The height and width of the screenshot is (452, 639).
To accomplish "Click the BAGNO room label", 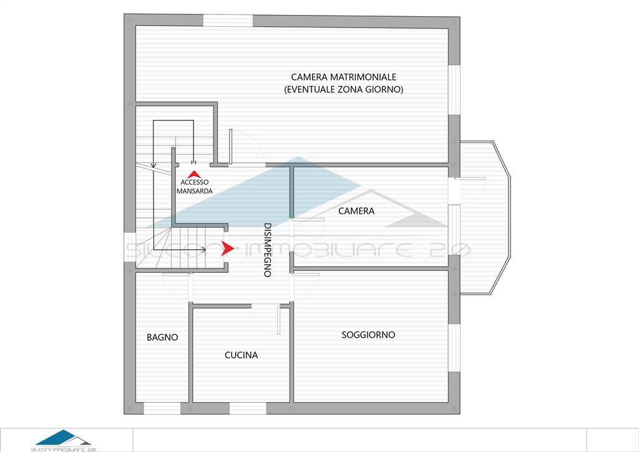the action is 162,338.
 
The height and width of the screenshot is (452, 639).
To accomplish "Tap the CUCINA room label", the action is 241,355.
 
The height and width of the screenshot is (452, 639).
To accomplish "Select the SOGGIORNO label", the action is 368,335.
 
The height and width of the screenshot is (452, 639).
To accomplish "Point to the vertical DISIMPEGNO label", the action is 267,250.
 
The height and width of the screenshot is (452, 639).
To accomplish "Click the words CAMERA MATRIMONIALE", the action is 344,77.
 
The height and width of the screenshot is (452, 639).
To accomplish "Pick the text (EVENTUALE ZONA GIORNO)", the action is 344,89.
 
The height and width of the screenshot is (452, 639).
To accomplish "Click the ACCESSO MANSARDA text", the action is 195,187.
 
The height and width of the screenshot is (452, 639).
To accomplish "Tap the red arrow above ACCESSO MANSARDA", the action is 194,174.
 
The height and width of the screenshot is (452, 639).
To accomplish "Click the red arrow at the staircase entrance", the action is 227,248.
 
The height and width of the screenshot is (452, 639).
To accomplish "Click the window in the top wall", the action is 228,21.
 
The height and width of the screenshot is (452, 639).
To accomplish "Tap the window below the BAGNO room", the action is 162,408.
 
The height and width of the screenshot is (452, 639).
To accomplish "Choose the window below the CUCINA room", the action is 248,408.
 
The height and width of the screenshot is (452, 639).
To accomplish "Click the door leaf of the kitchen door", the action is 279,320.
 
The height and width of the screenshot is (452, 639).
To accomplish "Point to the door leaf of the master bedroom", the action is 231,147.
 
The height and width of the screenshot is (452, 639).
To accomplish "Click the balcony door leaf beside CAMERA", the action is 470,179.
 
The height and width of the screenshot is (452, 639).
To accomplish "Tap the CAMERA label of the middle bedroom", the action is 356,211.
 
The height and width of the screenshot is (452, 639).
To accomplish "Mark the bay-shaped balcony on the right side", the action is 485,218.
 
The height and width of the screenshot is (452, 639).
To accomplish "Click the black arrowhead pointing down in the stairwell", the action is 154,165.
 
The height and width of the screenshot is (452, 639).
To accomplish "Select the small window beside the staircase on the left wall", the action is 130,247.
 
